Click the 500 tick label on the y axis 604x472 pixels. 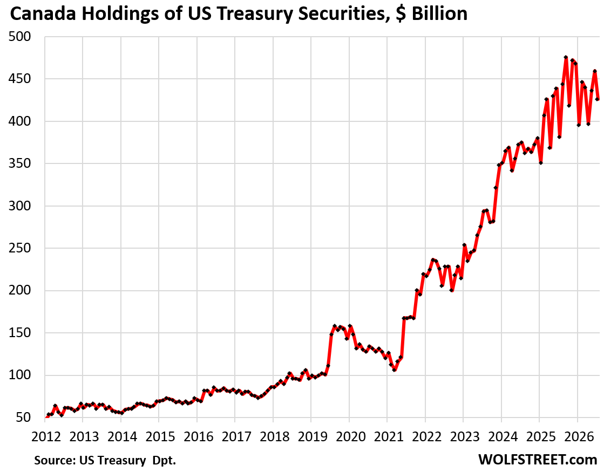pyautogui.click(x=19, y=37)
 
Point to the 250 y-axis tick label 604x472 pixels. pyautogui.click(x=19, y=248)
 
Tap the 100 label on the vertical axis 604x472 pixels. pyautogui.click(x=19, y=375)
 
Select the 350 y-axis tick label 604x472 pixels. pyautogui.click(x=19, y=163)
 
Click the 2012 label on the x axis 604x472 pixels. pyautogui.click(x=46, y=436)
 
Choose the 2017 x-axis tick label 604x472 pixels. pyautogui.click(x=236, y=436)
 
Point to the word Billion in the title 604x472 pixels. pyautogui.click(x=439, y=14)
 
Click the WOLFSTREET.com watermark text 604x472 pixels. pyautogui.click(x=538, y=459)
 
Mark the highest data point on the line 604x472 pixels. pyautogui.click(x=566, y=57)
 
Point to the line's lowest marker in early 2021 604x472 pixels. pyautogui.click(x=395, y=370)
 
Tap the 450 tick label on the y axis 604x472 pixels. pyautogui.click(x=19, y=79)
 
